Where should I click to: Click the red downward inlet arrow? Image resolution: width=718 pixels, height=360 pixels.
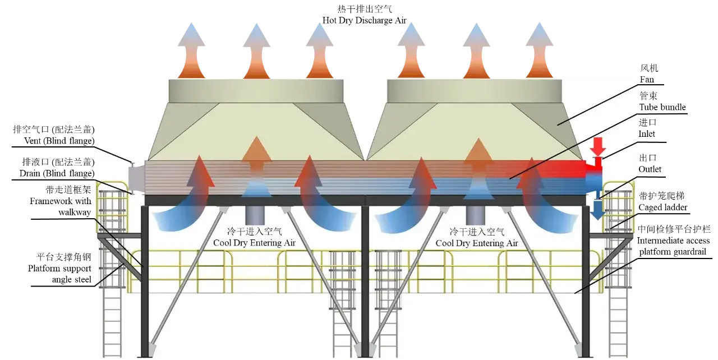[599, 146]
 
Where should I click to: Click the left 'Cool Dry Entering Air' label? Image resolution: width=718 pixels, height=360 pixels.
[254, 243]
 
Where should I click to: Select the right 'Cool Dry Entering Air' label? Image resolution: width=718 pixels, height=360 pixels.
[477, 243]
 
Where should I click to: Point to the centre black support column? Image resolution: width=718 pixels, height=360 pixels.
[365, 280]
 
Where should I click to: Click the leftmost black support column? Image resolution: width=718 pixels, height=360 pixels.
[145, 280]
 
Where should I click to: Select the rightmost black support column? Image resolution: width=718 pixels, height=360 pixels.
[586, 280]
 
